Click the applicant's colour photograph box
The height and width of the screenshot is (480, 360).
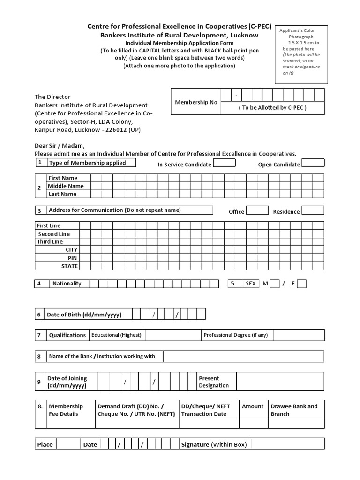coord(301,54)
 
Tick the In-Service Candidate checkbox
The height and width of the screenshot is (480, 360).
coord(225,163)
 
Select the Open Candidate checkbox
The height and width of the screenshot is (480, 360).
coord(313,163)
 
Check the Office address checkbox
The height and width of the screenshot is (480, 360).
coord(257,210)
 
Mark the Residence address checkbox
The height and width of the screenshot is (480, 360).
coord(313,210)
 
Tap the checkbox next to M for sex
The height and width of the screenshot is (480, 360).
coord(275,284)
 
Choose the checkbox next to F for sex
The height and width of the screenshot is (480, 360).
coord(302,284)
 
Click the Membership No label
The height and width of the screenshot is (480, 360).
coord(195,102)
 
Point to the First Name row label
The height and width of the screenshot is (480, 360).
coord(63,178)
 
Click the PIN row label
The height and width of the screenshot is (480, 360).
coord(72,258)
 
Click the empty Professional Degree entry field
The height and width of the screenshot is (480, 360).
coord(298,335)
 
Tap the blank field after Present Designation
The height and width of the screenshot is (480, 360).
coord(280,382)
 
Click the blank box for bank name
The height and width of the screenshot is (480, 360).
coord(243,357)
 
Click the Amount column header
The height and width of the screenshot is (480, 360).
coord(253,406)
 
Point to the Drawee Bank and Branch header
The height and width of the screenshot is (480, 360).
coord(294,410)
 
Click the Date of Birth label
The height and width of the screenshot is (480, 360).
coord(84,315)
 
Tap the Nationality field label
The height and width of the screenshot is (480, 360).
coord(67,284)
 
